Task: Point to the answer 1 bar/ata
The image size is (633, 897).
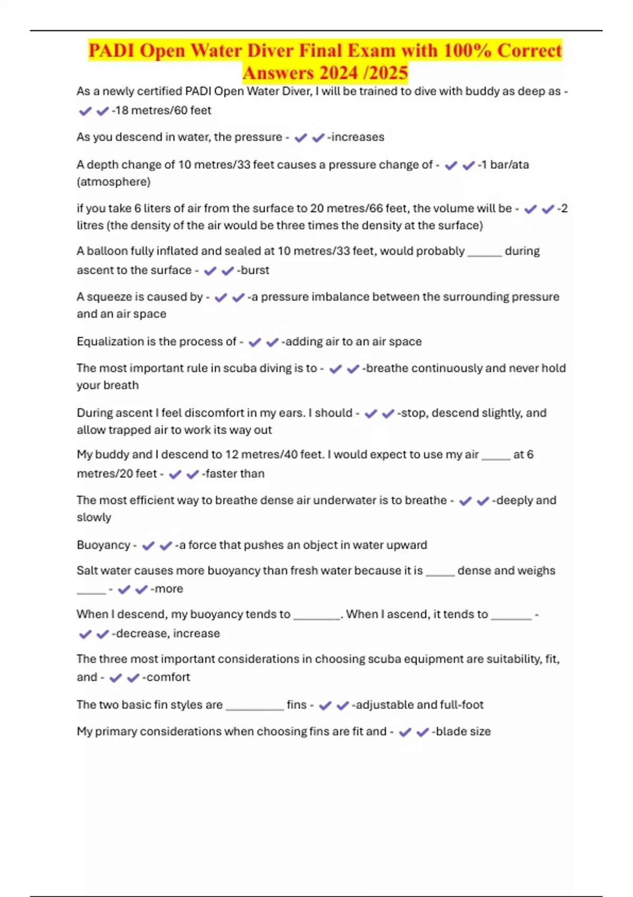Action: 505,165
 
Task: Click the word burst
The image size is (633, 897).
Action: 255,270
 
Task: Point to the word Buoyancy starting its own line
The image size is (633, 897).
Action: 103,545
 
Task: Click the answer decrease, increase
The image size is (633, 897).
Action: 167,633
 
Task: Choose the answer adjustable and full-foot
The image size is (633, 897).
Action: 419,705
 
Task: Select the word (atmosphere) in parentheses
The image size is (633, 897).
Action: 113,182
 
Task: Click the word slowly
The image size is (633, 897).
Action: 94,518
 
